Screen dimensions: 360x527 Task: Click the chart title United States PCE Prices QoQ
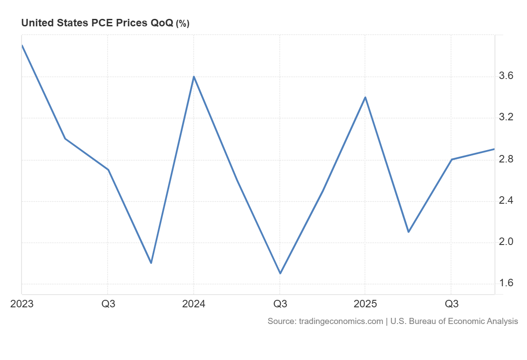97,23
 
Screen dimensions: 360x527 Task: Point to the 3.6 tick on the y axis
506,76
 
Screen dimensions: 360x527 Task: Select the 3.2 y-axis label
506,118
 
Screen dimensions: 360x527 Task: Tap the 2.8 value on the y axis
506,159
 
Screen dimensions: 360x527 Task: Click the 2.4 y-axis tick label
506,201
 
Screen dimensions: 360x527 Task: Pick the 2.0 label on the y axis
506,242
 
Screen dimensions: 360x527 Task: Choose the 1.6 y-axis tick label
506,284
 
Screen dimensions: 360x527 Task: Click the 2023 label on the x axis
22,304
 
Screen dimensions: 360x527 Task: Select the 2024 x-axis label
194,304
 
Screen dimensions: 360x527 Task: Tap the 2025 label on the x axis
365,304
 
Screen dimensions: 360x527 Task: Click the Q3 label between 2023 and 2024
108,304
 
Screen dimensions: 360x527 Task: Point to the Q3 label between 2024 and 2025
280,304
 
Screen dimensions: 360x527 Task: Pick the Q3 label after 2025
451,304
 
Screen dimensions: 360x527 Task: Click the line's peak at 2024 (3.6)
194,77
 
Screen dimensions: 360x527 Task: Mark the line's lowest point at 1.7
280,273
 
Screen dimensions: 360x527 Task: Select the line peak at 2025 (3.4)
365,97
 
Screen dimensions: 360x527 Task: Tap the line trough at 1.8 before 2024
151,263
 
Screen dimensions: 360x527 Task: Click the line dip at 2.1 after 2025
408,232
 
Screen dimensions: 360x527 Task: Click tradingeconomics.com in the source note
341,321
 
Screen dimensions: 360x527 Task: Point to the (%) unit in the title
182,24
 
